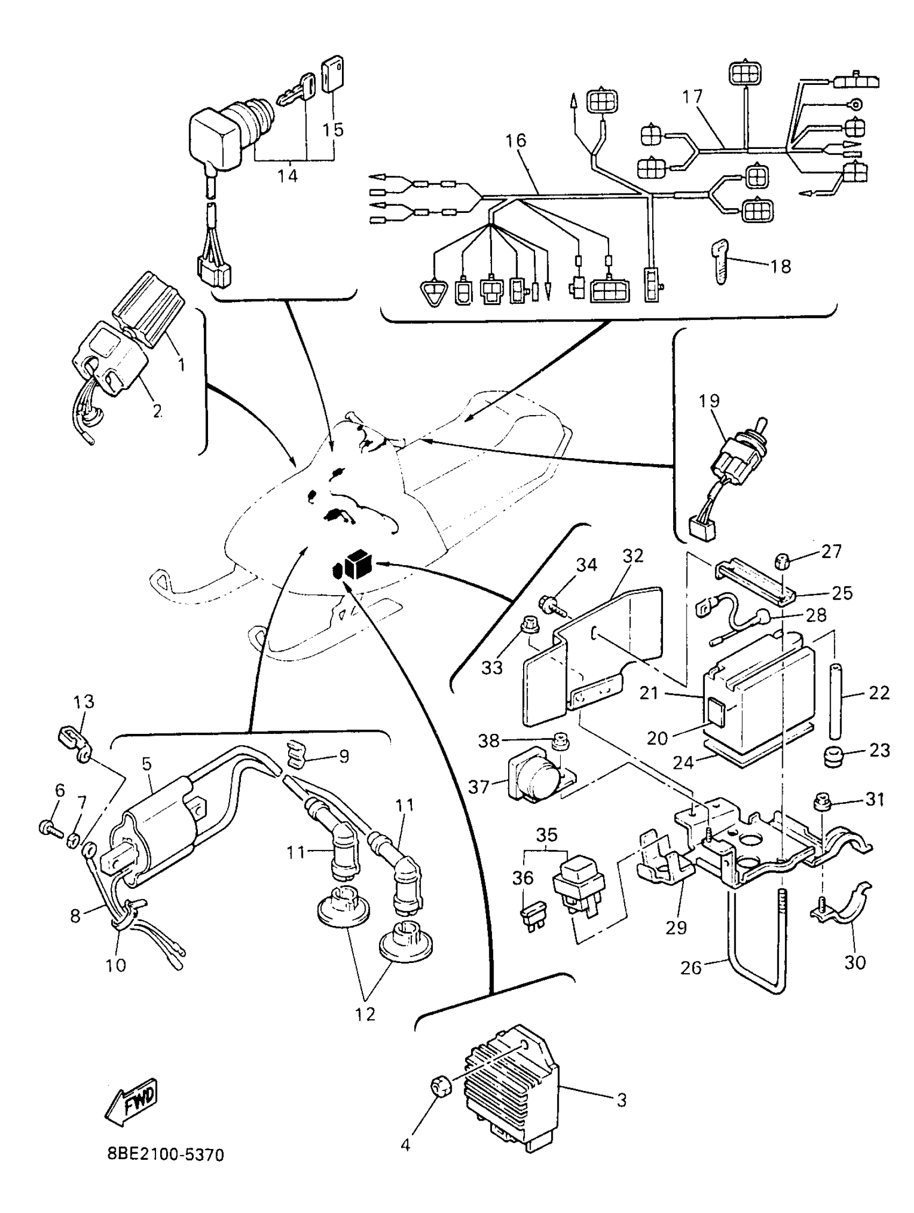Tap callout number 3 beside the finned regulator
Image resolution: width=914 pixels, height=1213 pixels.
click(x=621, y=1100)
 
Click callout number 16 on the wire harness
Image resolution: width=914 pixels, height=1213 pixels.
click(x=516, y=141)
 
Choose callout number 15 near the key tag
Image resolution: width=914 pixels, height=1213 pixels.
click(x=333, y=130)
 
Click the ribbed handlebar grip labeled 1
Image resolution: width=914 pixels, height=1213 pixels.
click(x=148, y=310)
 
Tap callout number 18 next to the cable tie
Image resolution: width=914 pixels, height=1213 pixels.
click(x=781, y=267)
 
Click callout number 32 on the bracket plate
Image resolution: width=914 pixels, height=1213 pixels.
click(x=632, y=556)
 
